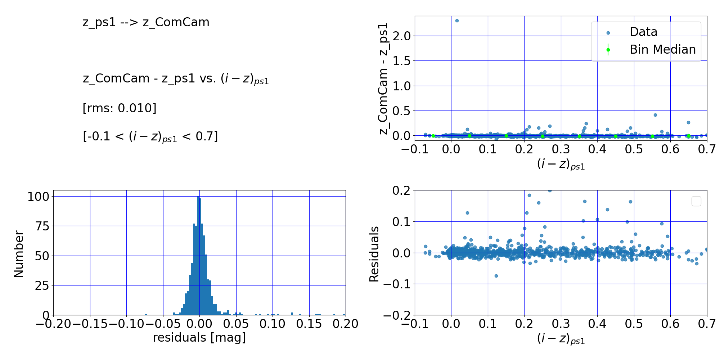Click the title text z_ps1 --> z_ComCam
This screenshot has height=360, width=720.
tap(146, 22)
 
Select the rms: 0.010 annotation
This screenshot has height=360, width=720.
tap(120, 108)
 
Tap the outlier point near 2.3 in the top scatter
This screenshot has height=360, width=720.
tap(457, 21)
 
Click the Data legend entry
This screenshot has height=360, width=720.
tap(643, 32)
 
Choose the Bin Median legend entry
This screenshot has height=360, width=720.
tap(662, 50)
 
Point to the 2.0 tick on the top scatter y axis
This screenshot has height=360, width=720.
tap(402, 36)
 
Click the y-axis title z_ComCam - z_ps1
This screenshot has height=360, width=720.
tap(384, 78)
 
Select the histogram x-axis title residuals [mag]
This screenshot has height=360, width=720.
tap(199, 338)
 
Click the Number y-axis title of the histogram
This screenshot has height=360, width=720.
tap(19, 254)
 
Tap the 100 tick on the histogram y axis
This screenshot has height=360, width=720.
tap(38, 197)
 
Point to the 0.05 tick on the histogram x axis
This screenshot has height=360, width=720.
tap(236, 324)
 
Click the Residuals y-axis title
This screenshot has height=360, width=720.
tap(374, 254)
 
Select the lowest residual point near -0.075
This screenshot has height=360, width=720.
tap(496, 276)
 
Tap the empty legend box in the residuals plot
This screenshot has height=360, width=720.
tap(696, 201)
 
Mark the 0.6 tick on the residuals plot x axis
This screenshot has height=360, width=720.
tap(670, 324)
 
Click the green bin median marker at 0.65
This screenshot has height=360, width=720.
tap(688, 136)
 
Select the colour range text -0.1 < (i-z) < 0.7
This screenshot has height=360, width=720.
tap(150, 137)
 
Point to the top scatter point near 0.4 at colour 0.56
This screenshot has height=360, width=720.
tap(655, 115)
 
